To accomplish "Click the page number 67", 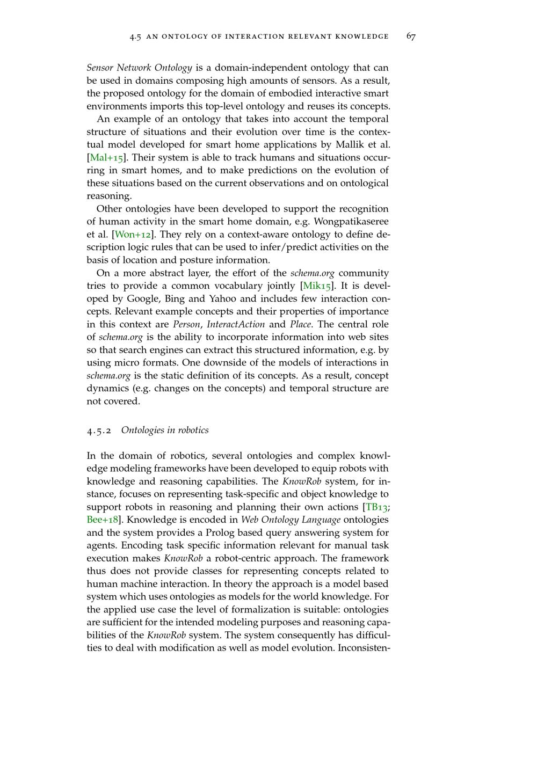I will click(x=411, y=37).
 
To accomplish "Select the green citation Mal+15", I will click(x=106, y=158).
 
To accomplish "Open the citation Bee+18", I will click(x=102, y=520).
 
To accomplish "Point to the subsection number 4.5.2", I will click(x=99, y=430).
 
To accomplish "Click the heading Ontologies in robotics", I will click(x=165, y=430).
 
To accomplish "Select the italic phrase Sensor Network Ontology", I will click(x=139, y=68).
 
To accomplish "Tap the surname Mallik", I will click(x=350, y=145).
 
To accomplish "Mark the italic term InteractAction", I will click(x=235, y=325).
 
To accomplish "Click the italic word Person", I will click(x=186, y=325).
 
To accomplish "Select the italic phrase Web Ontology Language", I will click(x=291, y=520).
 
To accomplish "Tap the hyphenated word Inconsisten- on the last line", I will click(x=364, y=648).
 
